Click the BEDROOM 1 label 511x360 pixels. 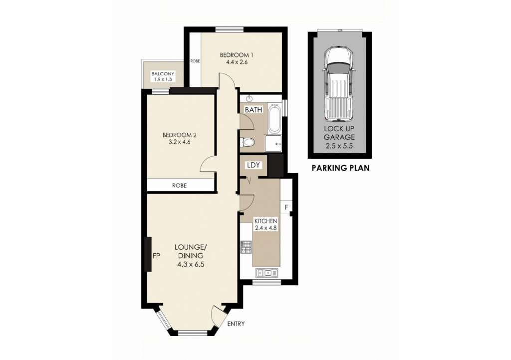coord(237,55)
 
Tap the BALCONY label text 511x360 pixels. coord(163,74)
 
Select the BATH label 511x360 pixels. coord(254,110)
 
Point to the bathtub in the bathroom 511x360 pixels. coord(274,119)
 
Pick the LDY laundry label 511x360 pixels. coord(254,165)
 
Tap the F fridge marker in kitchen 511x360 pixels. coord(287,207)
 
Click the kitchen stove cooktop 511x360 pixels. coord(246,247)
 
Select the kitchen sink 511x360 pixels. coord(267,272)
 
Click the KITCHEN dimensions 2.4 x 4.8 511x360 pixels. coord(266,228)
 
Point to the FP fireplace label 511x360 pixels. coord(156,256)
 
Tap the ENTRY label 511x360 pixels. coord(236,324)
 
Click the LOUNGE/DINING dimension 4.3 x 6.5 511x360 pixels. coord(191,265)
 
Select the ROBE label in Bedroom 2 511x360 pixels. coord(179,186)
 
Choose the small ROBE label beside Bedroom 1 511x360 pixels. coord(195,61)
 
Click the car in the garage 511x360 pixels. coord(339,84)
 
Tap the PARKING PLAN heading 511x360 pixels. coord(340,168)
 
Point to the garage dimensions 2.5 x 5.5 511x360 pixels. coord(339,146)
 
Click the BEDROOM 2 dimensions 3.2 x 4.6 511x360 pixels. coord(179,142)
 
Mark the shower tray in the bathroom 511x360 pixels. coord(273,143)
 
